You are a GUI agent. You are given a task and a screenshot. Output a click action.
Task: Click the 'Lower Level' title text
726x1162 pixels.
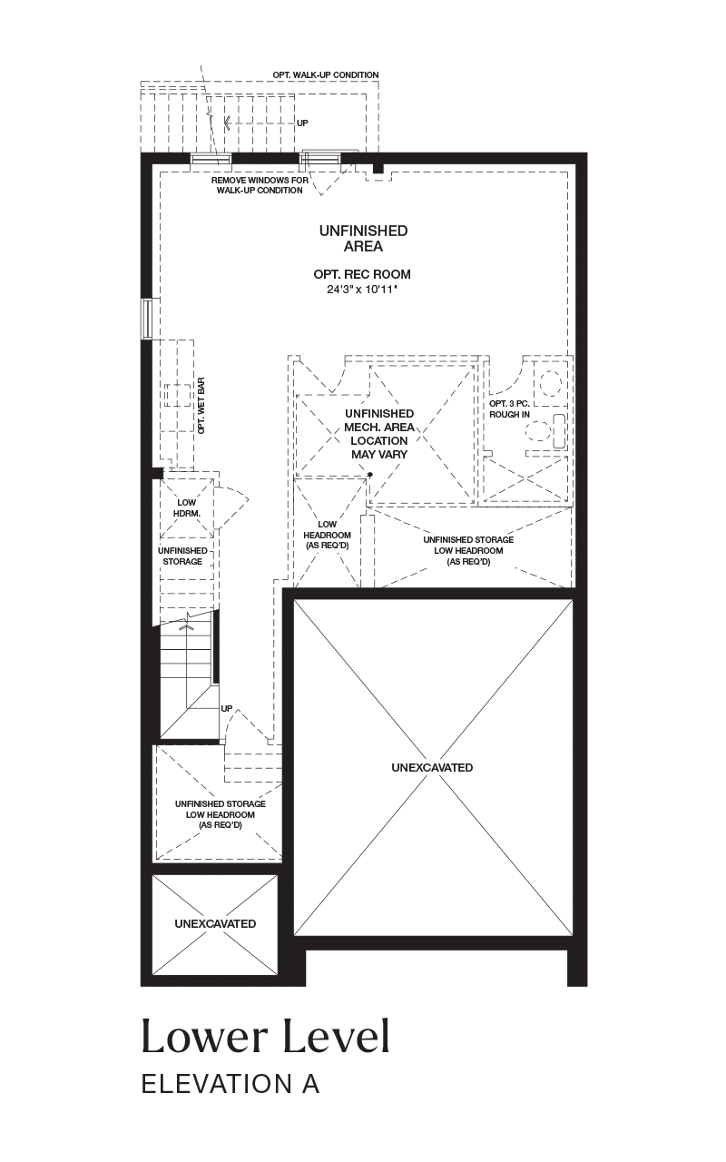[265, 1037]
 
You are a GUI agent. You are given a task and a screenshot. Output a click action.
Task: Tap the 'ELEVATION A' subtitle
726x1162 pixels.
[231, 1084]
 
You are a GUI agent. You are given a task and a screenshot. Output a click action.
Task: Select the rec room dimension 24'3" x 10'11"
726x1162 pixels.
[362, 290]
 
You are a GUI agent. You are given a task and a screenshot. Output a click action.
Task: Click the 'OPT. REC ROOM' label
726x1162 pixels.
[362, 274]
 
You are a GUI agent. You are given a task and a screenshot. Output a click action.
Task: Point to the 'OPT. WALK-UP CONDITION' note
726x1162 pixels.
[326, 75]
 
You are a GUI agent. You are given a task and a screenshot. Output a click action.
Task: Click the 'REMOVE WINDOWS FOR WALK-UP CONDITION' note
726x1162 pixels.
[260, 185]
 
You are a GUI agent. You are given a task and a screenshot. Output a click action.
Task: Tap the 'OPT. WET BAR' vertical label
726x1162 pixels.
[201, 405]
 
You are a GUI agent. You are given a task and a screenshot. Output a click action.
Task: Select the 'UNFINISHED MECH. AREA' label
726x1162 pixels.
[379, 420]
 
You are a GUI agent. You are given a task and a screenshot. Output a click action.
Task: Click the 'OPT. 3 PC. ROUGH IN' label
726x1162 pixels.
[509, 409]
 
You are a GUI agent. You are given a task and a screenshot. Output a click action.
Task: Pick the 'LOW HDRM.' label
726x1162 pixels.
[186, 507]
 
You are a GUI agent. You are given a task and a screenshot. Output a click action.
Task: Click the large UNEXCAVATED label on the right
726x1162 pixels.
[432, 767]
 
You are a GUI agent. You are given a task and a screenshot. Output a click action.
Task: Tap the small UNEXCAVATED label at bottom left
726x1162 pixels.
[215, 924]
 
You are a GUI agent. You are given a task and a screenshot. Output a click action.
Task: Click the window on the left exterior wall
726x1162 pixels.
[147, 319]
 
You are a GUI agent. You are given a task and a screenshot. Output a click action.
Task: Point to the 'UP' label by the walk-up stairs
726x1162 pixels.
[302, 123]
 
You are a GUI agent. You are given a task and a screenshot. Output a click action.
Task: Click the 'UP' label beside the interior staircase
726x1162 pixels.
[227, 709]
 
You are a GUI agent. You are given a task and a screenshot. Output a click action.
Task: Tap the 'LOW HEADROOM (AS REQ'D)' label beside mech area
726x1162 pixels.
[328, 535]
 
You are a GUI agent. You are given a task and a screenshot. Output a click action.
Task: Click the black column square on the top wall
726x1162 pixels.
[378, 168]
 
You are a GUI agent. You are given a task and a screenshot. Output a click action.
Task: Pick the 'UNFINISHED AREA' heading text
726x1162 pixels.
[363, 238]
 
